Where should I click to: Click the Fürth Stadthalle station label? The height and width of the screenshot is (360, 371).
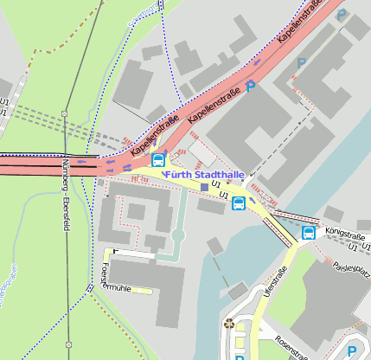pyautogui.click(x=204, y=175)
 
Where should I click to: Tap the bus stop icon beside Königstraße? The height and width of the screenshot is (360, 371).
pyautogui.click(x=309, y=232)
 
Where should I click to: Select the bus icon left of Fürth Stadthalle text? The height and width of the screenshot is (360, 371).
pyautogui.click(x=158, y=160)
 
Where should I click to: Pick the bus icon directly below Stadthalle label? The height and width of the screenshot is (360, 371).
pyautogui.click(x=238, y=203)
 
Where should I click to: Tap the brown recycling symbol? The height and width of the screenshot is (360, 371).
pyautogui.click(x=228, y=325)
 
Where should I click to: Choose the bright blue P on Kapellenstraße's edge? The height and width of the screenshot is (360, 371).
pyautogui.click(x=250, y=86)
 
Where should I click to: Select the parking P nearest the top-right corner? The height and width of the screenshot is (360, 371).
pyautogui.click(x=342, y=15)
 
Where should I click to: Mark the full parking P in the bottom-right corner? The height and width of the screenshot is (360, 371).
pyautogui.click(x=352, y=350)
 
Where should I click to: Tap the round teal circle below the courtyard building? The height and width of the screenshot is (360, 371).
pyautogui.click(x=178, y=235)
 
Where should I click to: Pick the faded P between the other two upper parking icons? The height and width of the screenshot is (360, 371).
pyautogui.click(x=301, y=63)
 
